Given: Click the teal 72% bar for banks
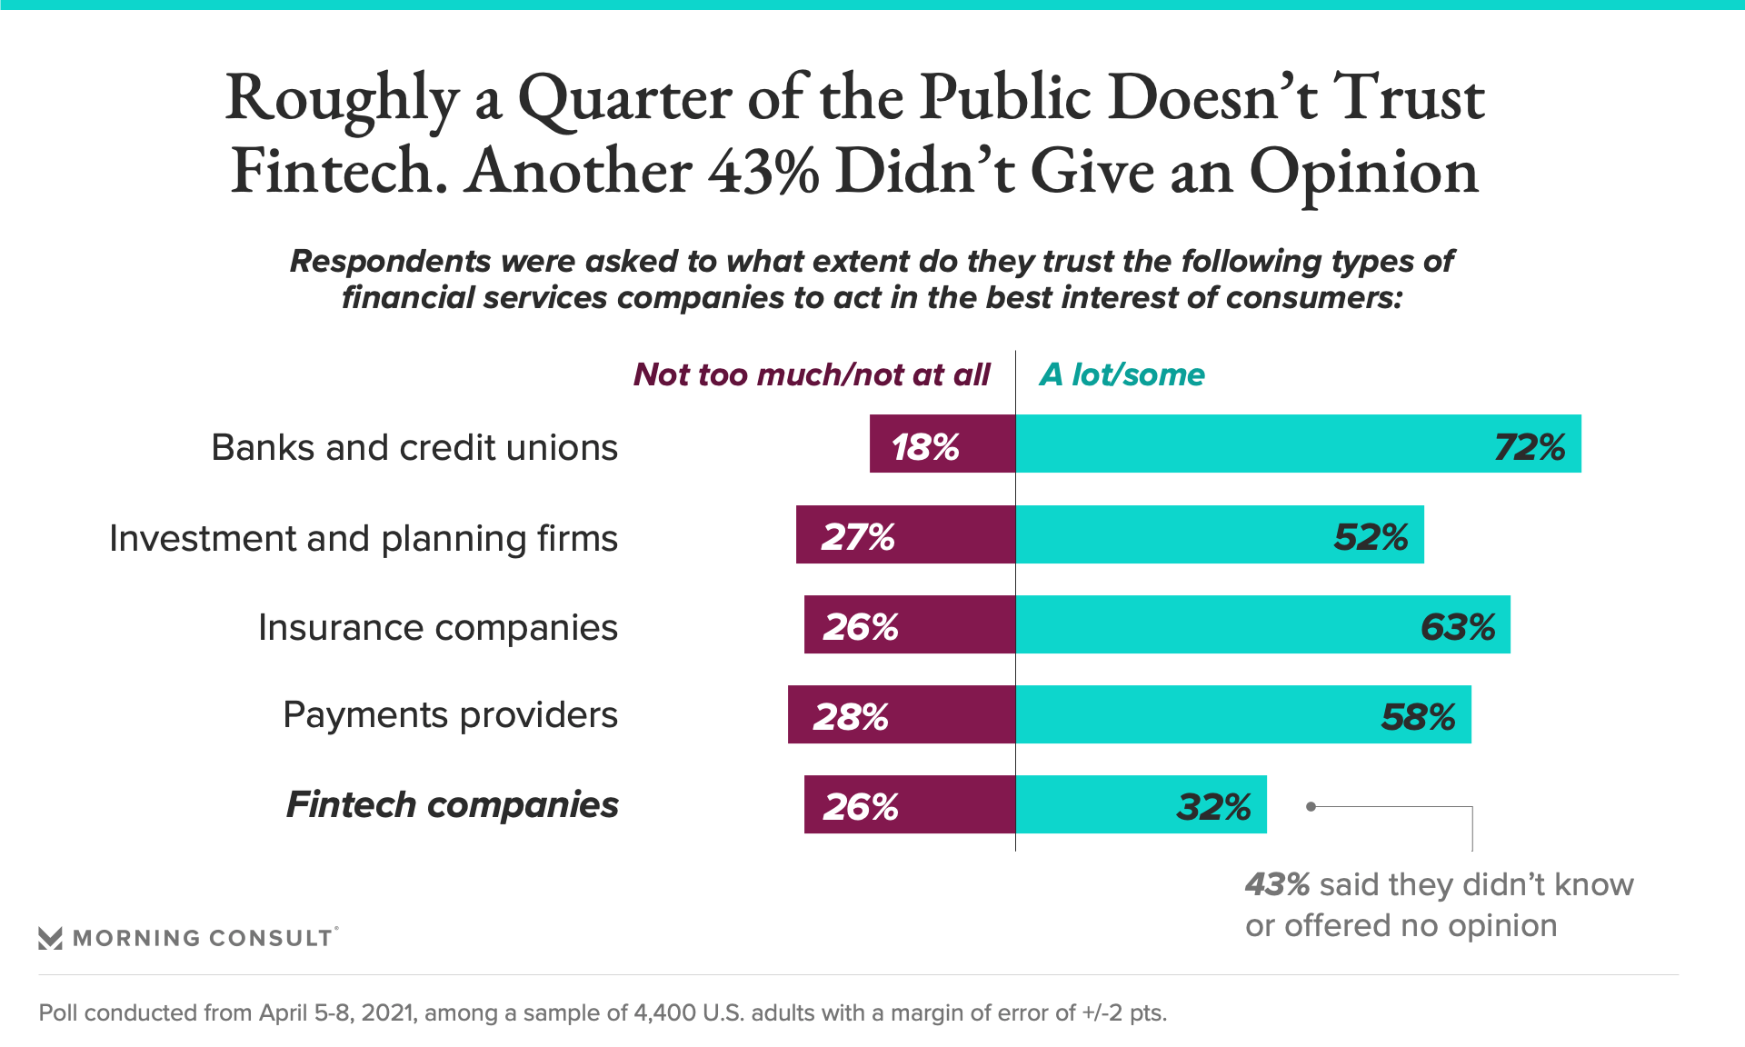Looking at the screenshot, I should (1298, 444).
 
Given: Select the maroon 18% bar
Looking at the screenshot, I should (942, 444).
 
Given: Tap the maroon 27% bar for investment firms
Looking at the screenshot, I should (905, 534).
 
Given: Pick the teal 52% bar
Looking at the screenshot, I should (1220, 534).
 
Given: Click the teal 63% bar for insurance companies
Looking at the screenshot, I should (1262, 624).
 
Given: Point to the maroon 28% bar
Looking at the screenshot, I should (901, 714).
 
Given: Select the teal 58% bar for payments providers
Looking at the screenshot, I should (1243, 714).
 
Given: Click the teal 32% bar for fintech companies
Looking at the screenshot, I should (1141, 804).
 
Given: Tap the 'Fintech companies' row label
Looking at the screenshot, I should (452, 805).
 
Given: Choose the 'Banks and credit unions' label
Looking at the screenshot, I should (414, 447).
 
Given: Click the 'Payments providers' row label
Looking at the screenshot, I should (450, 715).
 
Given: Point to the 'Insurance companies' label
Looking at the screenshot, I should (437, 627).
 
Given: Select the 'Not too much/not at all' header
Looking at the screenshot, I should (811, 374).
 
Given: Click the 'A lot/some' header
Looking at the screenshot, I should (1122, 374).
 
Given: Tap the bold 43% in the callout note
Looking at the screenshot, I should (1277, 884).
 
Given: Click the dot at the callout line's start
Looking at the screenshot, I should (1311, 806).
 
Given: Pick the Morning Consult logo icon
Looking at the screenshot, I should (50, 938).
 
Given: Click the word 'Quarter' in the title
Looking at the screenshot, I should (624, 98).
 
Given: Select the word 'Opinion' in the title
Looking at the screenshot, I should (1363, 172).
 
